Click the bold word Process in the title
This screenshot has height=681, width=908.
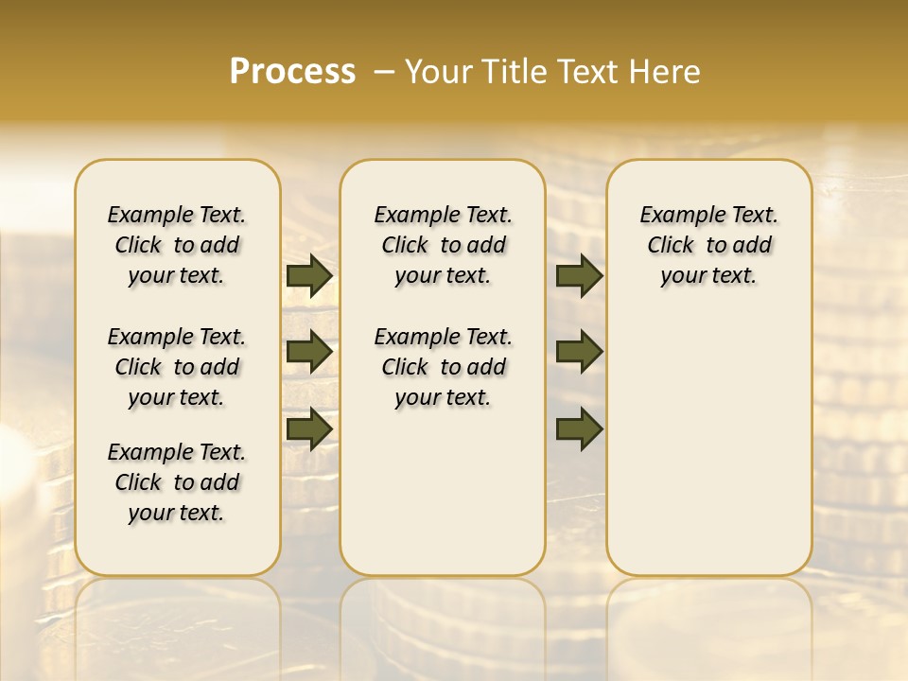coord(292,72)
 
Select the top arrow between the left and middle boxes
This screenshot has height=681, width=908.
coord(309,276)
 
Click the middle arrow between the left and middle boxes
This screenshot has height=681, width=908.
coord(309,352)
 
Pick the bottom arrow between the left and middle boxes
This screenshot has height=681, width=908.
coord(309,428)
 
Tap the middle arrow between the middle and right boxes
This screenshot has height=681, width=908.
coord(580,352)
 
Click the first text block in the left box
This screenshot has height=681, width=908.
coord(177,245)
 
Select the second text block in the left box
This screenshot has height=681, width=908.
coord(177,367)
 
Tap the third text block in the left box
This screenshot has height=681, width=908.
coord(177,482)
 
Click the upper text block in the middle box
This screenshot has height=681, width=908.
coord(443,245)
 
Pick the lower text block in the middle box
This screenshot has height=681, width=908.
coord(443,367)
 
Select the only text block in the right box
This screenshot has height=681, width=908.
coord(708,245)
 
